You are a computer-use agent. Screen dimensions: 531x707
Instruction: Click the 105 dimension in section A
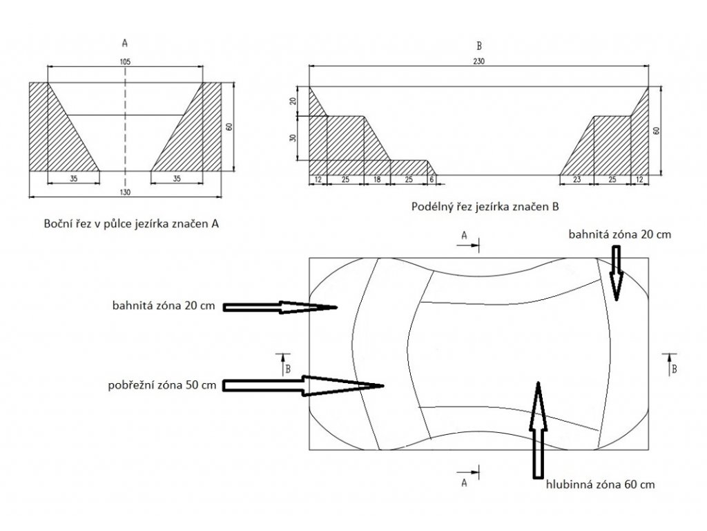pyautogui.click(x=125, y=62)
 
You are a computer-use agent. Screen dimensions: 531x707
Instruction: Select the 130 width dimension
pyautogui.click(x=125, y=192)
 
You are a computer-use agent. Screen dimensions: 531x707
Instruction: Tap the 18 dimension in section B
pyautogui.click(x=377, y=180)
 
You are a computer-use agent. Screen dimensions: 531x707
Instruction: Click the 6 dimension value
pyautogui.click(x=432, y=180)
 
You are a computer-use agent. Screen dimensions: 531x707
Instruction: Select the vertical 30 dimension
pyautogui.click(x=293, y=138)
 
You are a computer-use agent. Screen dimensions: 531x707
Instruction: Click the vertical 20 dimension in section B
pyautogui.click(x=293, y=101)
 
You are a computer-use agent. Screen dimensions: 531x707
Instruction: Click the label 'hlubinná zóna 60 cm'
pyautogui.click(x=599, y=485)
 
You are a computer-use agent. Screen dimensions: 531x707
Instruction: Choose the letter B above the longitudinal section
pyautogui.click(x=479, y=46)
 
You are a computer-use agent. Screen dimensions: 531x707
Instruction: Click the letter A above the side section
pyautogui.click(x=125, y=42)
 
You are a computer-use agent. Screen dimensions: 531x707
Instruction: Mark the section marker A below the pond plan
pyautogui.click(x=465, y=483)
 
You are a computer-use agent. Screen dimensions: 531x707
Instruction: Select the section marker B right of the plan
pyautogui.click(x=673, y=369)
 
